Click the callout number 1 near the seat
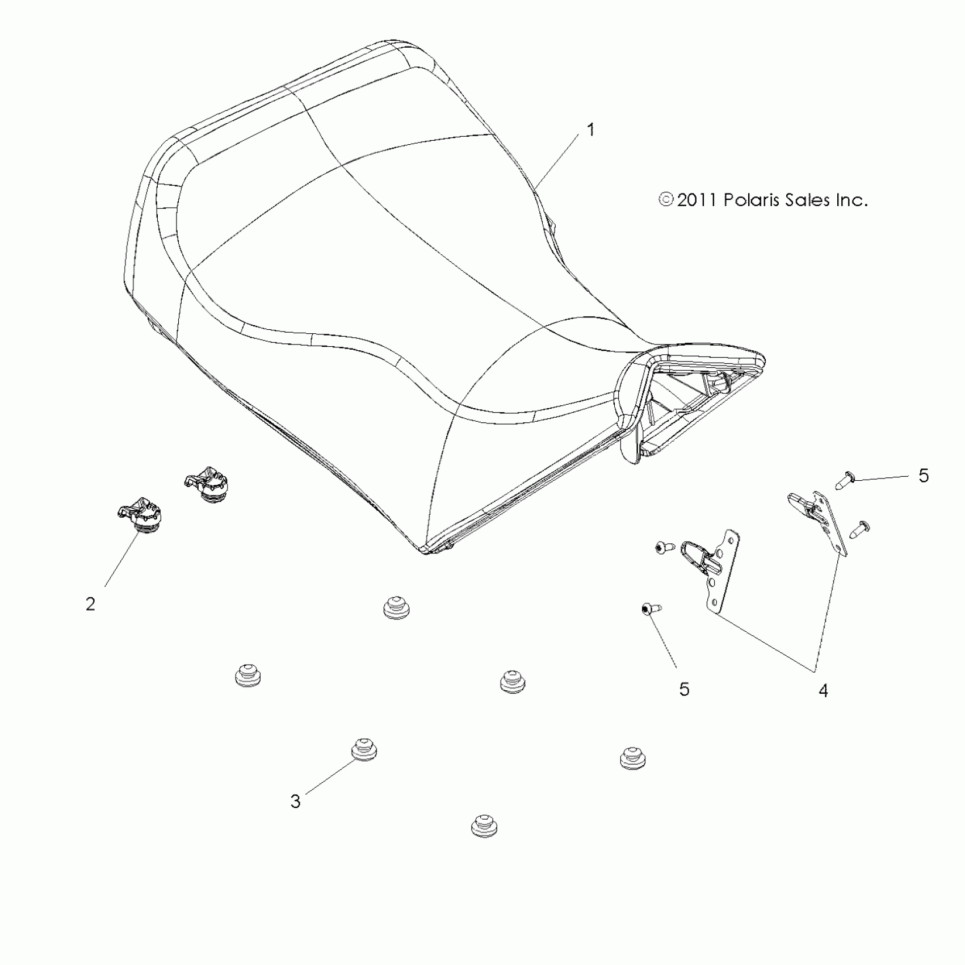click(x=591, y=130)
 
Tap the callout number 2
click(x=91, y=604)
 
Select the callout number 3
click(x=295, y=802)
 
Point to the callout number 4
click(x=823, y=690)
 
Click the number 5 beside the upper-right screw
click(x=924, y=476)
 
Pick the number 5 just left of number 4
click(x=684, y=689)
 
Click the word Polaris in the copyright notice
click(x=750, y=200)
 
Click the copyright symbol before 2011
click(x=666, y=200)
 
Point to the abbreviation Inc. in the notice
click(x=850, y=200)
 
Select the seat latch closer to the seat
click(x=207, y=484)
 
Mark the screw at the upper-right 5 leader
click(x=845, y=482)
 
